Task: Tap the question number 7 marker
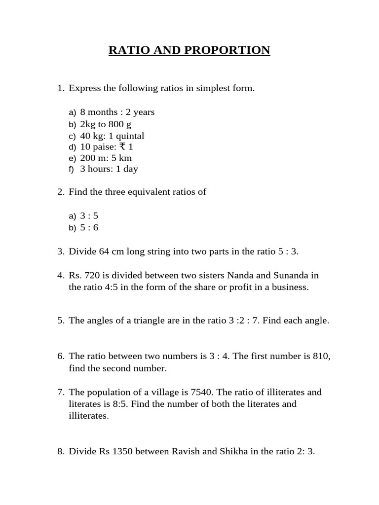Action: pos(61,393)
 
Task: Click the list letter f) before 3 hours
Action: pos(72,170)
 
